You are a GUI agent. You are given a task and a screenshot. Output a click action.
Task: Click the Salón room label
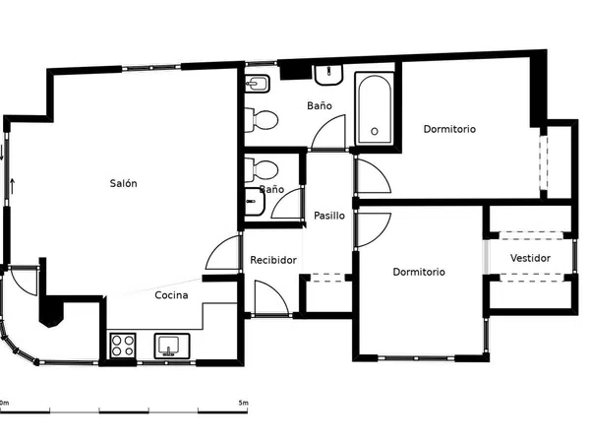pos(124,183)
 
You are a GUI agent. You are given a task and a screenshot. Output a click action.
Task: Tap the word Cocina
pos(171,295)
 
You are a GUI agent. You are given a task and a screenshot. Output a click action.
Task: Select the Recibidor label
pos(273,260)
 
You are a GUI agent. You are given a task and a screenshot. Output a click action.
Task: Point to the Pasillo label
pos(329,216)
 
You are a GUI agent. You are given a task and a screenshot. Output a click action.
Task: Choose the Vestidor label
pos(530,258)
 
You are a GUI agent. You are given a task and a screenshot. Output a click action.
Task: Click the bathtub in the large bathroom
pos(375,109)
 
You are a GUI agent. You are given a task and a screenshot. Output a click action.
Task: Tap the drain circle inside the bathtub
pos(375,132)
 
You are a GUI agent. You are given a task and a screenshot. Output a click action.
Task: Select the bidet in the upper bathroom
pos(258,84)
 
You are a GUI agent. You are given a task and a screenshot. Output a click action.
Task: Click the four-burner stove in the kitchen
pos(123,346)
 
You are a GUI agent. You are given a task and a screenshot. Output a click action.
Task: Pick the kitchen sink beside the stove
pos(172,346)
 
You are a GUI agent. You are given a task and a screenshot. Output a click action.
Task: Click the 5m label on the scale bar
pos(243,403)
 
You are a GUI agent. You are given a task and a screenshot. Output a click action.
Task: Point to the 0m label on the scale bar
pos(4,403)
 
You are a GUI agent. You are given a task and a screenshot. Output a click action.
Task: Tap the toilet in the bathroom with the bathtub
pos(262,120)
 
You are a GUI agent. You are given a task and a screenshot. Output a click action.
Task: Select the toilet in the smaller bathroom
pos(262,170)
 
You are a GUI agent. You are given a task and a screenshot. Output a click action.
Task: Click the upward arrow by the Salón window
pos(13,186)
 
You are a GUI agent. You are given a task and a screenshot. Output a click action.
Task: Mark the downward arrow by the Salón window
pos(2,153)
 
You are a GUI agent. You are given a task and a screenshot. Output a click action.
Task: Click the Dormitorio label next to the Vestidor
pos(419,272)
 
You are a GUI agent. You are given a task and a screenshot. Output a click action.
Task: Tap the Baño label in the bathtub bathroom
pos(320,105)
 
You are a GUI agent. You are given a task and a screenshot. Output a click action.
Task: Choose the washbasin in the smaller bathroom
pos(255,202)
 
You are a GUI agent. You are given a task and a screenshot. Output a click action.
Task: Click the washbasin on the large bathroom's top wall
pos(328,75)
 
